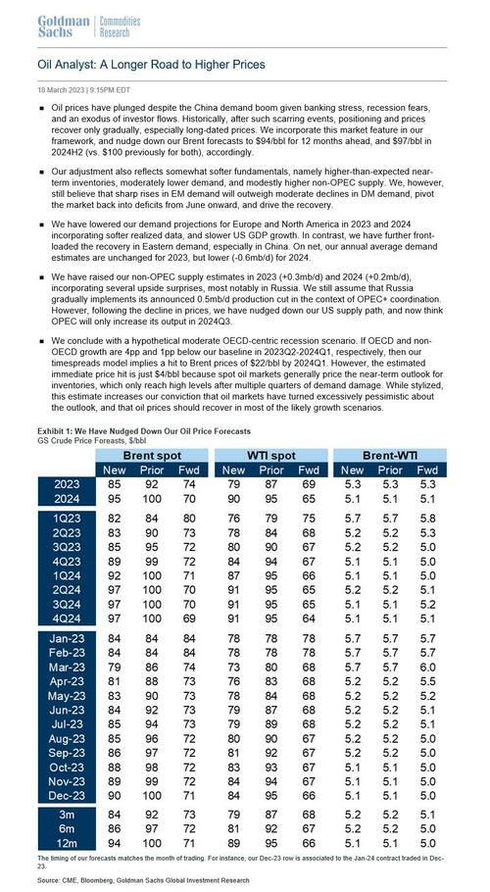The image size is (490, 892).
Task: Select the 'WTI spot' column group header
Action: click(x=269, y=456)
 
